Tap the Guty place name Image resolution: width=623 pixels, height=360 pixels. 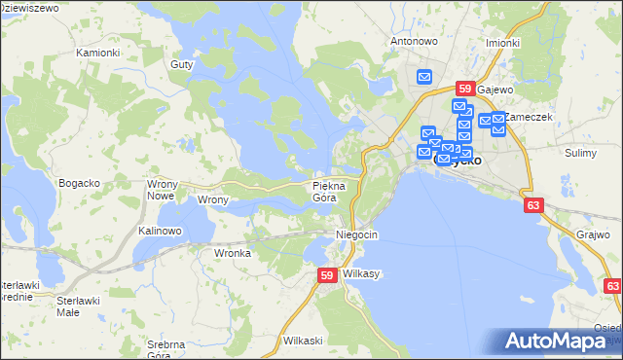182,63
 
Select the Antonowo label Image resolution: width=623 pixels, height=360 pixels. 414,42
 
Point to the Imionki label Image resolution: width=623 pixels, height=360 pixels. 503,44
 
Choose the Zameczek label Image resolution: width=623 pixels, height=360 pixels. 531,117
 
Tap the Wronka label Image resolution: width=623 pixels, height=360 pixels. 233,253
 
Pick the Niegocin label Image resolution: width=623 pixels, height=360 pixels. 356,235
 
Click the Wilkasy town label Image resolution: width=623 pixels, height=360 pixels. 361,274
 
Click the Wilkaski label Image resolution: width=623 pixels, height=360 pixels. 302,341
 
